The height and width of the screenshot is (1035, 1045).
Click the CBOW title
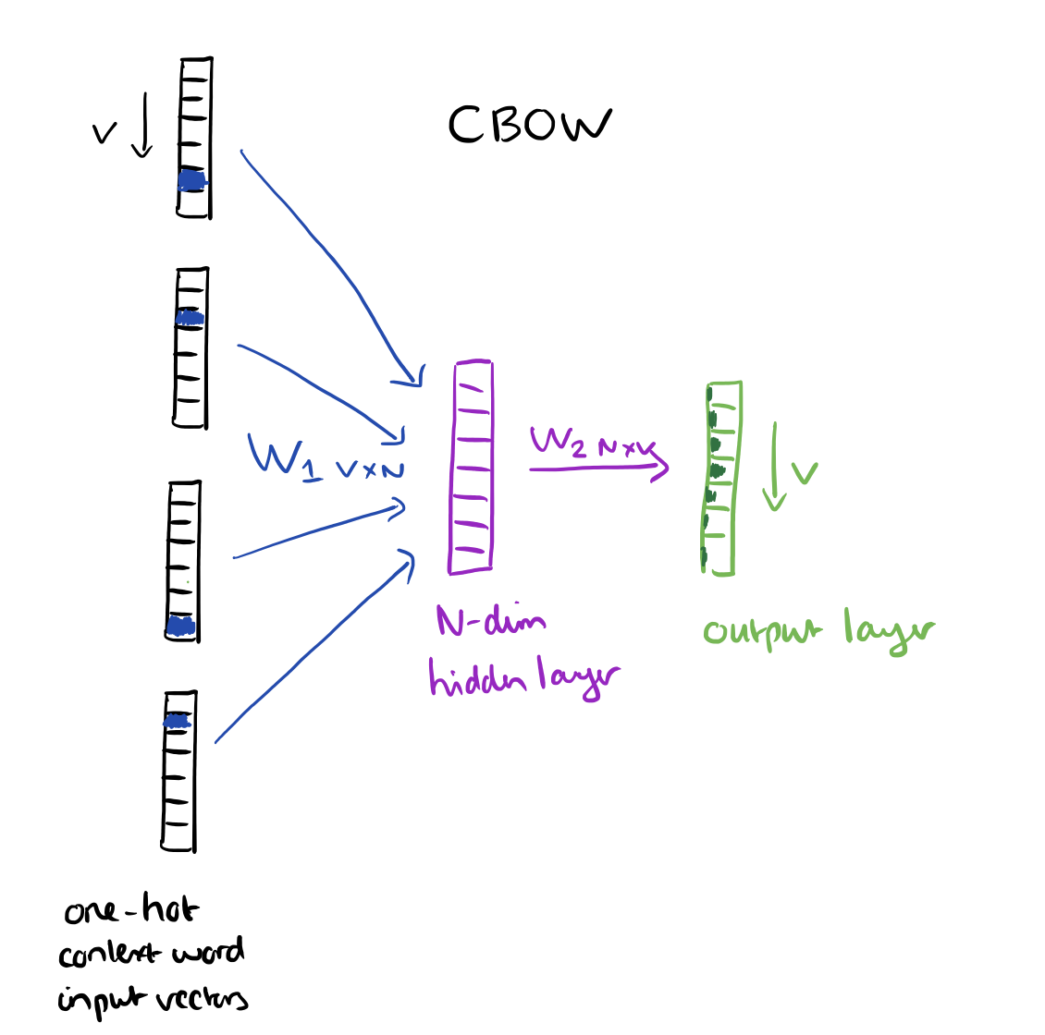529,125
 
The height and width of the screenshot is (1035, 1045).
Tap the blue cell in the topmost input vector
191,180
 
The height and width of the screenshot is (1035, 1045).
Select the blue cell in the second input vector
190,318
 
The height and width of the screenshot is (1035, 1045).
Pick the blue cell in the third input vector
181,626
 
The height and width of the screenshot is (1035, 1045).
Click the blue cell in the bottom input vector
178,720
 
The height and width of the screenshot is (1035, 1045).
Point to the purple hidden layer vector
472,467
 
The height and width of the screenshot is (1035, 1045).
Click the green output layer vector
720,477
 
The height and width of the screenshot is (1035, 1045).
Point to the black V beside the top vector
104,135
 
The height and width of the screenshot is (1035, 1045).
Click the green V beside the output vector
805,473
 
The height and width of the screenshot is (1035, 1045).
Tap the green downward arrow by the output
775,467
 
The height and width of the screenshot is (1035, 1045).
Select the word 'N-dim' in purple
490,620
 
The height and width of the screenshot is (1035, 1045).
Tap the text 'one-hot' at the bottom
130,911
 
